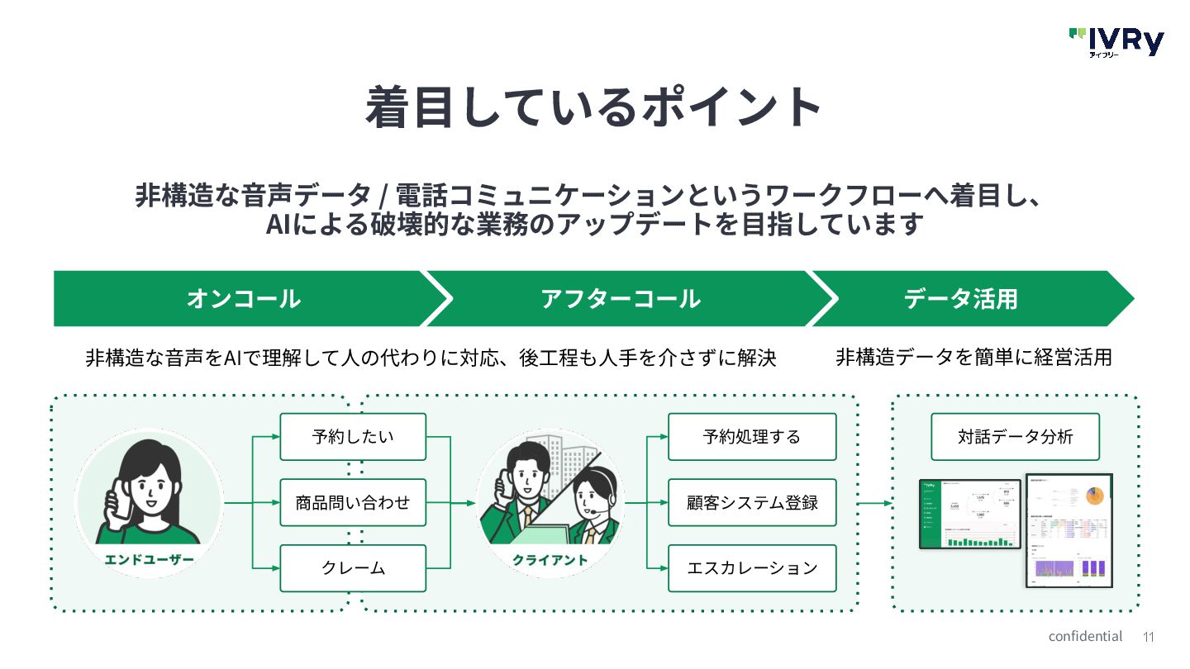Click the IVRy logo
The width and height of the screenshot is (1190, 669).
[x=1116, y=41]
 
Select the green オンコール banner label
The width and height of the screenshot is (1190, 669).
[x=243, y=299]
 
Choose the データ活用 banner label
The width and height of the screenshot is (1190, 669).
[x=960, y=299]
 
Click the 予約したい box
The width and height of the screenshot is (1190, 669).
[x=353, y=436]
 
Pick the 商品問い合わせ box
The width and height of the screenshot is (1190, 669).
[x=353, y=502]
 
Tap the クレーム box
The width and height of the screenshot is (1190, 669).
[x=353, y=568]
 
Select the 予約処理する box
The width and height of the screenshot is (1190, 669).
[x=752, y=436]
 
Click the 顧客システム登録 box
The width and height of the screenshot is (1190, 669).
[x=752, y=502]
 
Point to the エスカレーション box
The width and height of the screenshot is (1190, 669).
[x=752, y=568]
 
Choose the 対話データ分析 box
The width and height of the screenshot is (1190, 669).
[x=1015, y=436]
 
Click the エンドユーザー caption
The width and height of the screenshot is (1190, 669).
[x=149, y=560]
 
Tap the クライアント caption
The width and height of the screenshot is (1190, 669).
[x=550, y=560]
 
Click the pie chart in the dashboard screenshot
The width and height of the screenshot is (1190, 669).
[x=1094, y=496]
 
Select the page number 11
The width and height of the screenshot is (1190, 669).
[x=1148, y=637]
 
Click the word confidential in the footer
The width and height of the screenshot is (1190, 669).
[x=1085, y=636]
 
